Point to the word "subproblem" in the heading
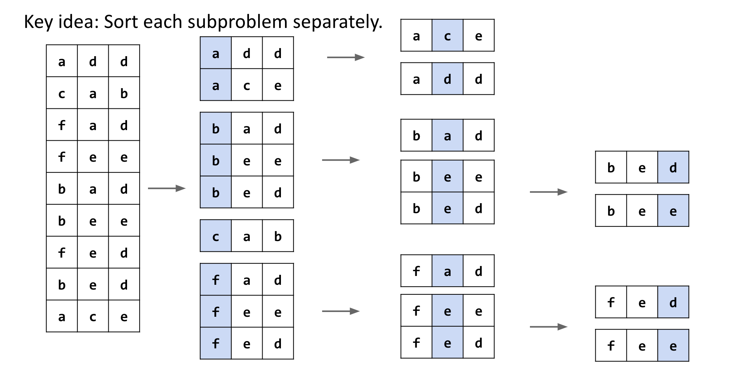pos(238,22)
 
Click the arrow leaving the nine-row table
pos(167,189)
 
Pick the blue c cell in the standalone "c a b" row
pos(216,236)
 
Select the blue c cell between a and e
pos(447,35)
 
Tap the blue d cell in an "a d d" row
pos(447,79)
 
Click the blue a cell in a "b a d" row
pos(447,135)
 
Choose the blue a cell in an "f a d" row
pos(447,271)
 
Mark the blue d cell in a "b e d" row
pos(673,167)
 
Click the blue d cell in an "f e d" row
pos(673,302)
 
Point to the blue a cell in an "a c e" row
pos(216,85)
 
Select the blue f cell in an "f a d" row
pos(216,279)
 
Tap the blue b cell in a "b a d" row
pos(216,128)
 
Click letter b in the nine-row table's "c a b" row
pos(124,93)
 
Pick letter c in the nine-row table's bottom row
pos(93,317)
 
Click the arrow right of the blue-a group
pos(346,57)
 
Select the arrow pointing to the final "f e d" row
pos(549,327)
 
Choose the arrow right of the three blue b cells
pos(341,160)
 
